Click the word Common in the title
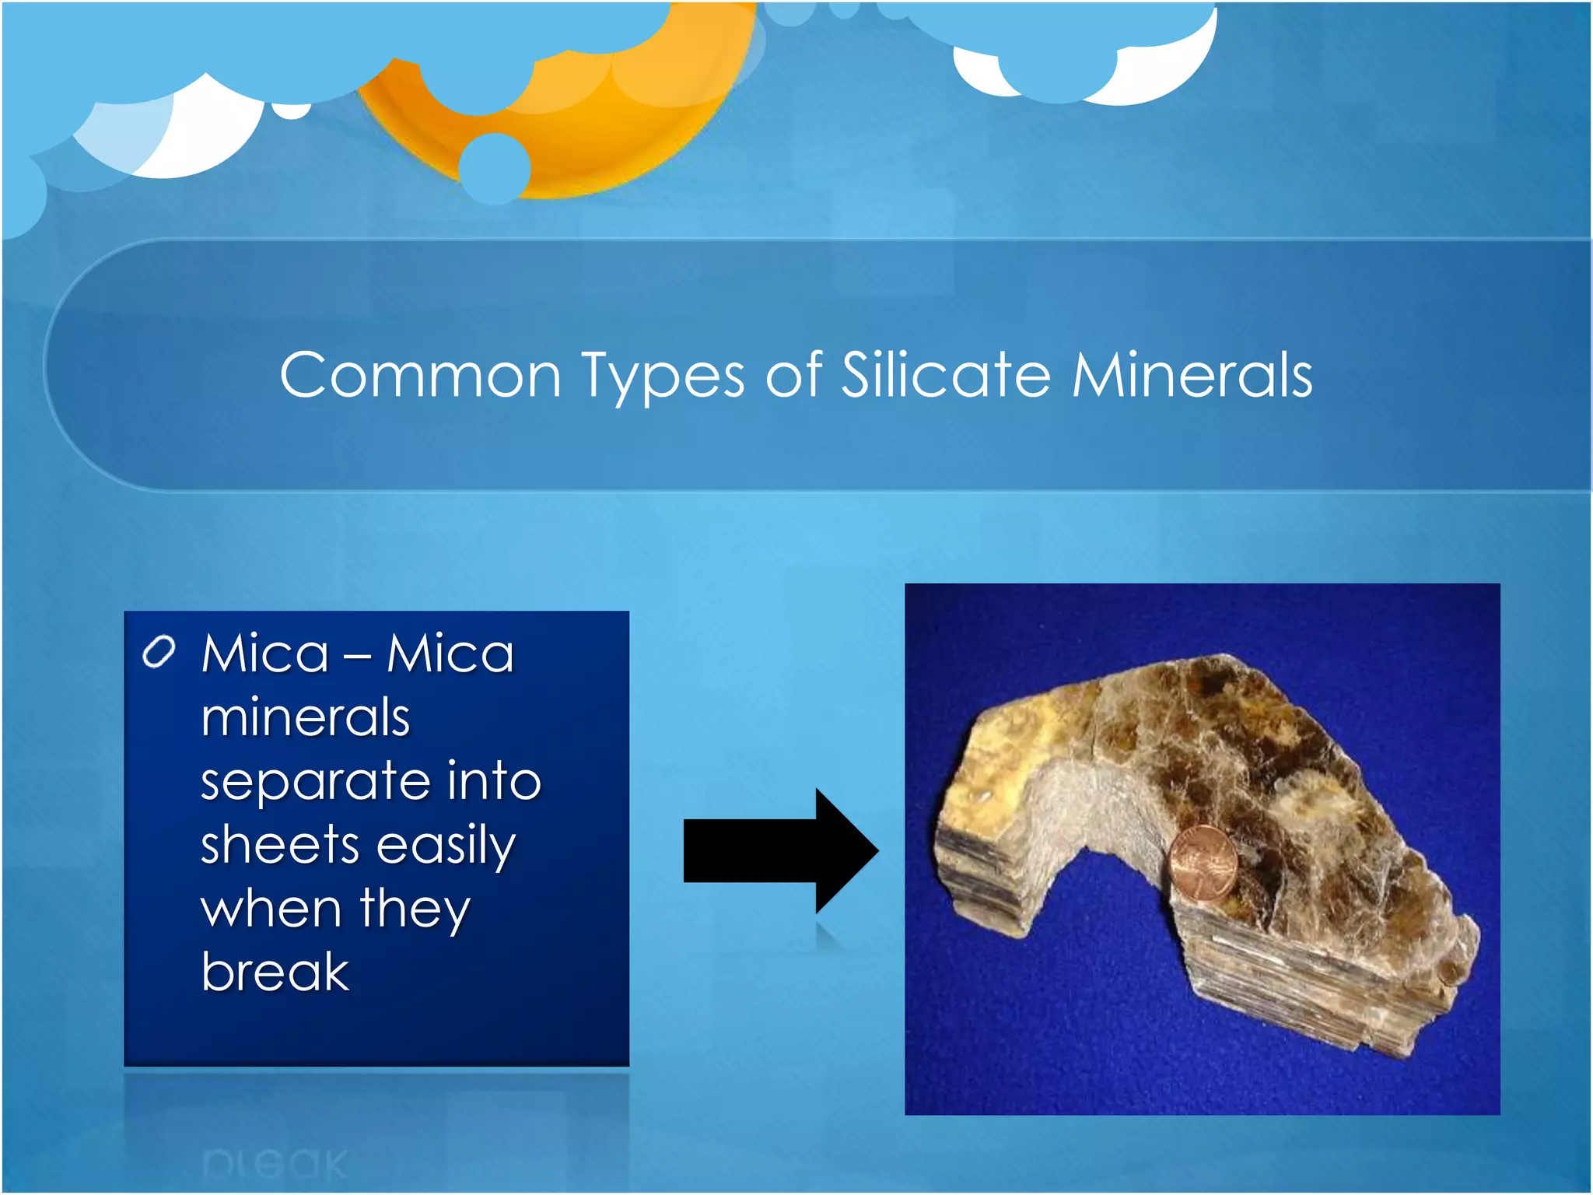(420, 376)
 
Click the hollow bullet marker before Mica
(159, 652)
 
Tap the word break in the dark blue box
(275, 972)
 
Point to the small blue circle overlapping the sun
(494, 169)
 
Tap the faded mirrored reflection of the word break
(274, 1164)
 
